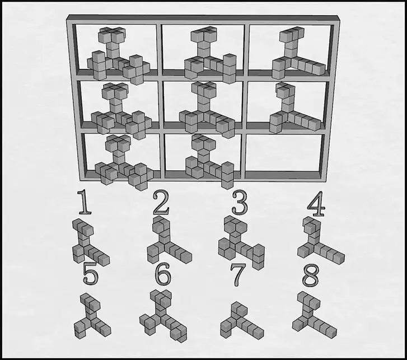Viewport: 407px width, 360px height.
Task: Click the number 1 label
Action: (85, 202)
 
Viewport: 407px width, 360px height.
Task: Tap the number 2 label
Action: (161, 203)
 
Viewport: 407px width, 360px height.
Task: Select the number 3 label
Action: (240, 203)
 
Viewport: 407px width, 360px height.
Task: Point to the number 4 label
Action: (316, 204)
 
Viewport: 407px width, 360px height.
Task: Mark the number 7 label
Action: (237, 275)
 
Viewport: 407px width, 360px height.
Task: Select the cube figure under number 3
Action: (241, 242)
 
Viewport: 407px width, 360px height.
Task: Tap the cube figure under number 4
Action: (321, 240)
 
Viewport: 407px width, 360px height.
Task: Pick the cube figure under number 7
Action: (242, 321)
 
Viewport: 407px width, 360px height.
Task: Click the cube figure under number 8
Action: (314, 314)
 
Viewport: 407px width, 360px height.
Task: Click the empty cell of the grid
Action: (284, 153)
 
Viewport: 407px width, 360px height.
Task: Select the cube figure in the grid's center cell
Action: (207, 110)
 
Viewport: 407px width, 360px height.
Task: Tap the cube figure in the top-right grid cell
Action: (298, 53)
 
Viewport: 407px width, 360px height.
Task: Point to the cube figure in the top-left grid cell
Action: (118, 55)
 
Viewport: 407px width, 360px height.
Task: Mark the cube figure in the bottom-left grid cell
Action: (123, 162)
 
